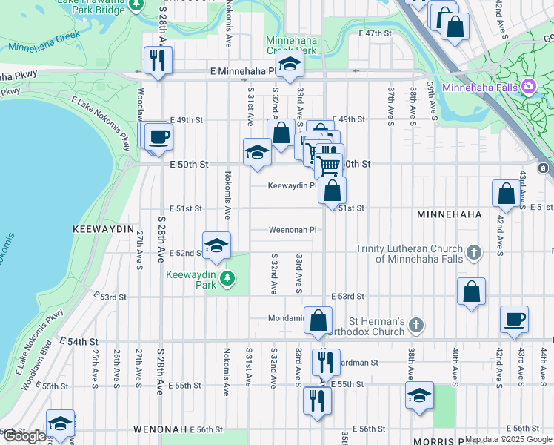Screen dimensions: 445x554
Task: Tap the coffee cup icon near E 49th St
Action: click(x=158, y=137)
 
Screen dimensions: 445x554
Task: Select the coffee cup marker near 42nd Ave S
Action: click(x=514, y=319)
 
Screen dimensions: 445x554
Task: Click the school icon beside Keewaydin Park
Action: click(x=216, y=245)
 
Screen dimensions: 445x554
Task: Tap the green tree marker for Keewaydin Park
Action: click(x=228, y=279)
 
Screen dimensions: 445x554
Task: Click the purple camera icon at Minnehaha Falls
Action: click(x=529, y=87)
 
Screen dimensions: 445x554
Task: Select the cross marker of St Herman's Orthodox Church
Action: click(x=417, y=325)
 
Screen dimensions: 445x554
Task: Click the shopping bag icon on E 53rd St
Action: click(x=471, y=291)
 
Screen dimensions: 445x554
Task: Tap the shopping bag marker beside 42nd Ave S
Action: click(x=506, y=194)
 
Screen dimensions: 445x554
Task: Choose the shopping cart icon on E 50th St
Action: click(x=328, y=163)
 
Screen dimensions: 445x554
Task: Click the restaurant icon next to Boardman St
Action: click(x=325, y=363)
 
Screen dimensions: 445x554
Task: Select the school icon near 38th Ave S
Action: click(x=419, y=395)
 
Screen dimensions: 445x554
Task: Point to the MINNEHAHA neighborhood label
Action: click(x=450, y=214)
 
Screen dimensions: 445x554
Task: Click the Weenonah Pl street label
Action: click(x=293, y=230)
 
